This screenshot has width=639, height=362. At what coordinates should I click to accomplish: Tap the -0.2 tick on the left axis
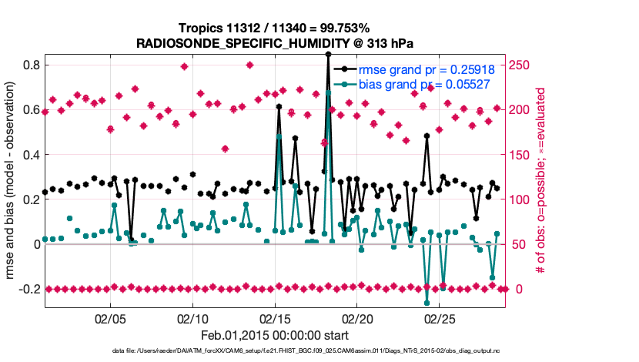tap(30, 289)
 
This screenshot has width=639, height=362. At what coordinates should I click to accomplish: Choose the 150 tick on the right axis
tap(525, 155)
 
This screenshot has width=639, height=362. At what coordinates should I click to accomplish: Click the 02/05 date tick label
tap(110, 317)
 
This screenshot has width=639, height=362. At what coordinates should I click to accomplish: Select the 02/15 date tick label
tap(275, 317)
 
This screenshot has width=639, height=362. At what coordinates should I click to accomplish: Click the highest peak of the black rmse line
tap(328, 54)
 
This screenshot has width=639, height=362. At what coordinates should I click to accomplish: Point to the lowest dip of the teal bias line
tap(427, 303)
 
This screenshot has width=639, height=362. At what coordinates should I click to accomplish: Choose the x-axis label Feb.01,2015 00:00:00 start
tap(275, 335)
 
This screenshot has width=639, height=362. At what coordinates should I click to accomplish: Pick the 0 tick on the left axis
tap(36, 244)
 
